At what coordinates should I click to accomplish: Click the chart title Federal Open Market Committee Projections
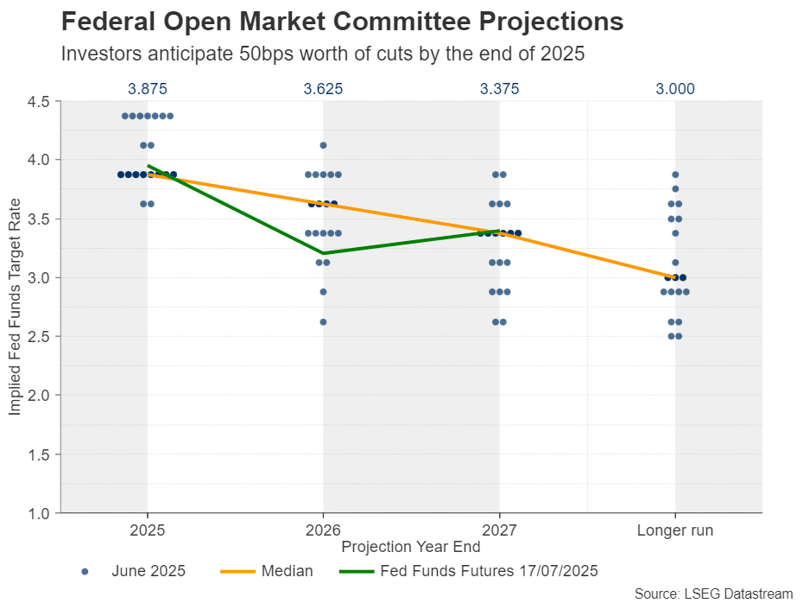(342, 22)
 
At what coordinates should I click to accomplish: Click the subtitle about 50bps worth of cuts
(323, 53)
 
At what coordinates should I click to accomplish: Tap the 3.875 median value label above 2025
(147, 89)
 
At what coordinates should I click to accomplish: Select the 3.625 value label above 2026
(323, 89)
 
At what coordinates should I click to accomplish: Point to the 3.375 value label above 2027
(499, 89)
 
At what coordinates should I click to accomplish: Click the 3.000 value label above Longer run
(675, 89)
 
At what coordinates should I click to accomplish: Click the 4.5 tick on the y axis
(39, 101)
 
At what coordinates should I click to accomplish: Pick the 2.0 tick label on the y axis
(39, 395)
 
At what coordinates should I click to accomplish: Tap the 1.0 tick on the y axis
(39, 513)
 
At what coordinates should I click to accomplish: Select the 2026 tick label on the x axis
(323, 530)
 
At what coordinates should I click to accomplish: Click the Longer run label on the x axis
(675, 530)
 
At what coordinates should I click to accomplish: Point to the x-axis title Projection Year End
(410, 547)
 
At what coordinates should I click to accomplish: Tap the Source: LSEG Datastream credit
(713, 593)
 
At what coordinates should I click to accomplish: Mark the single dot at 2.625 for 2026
(324, 321)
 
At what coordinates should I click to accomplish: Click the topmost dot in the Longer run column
(675, 175)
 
